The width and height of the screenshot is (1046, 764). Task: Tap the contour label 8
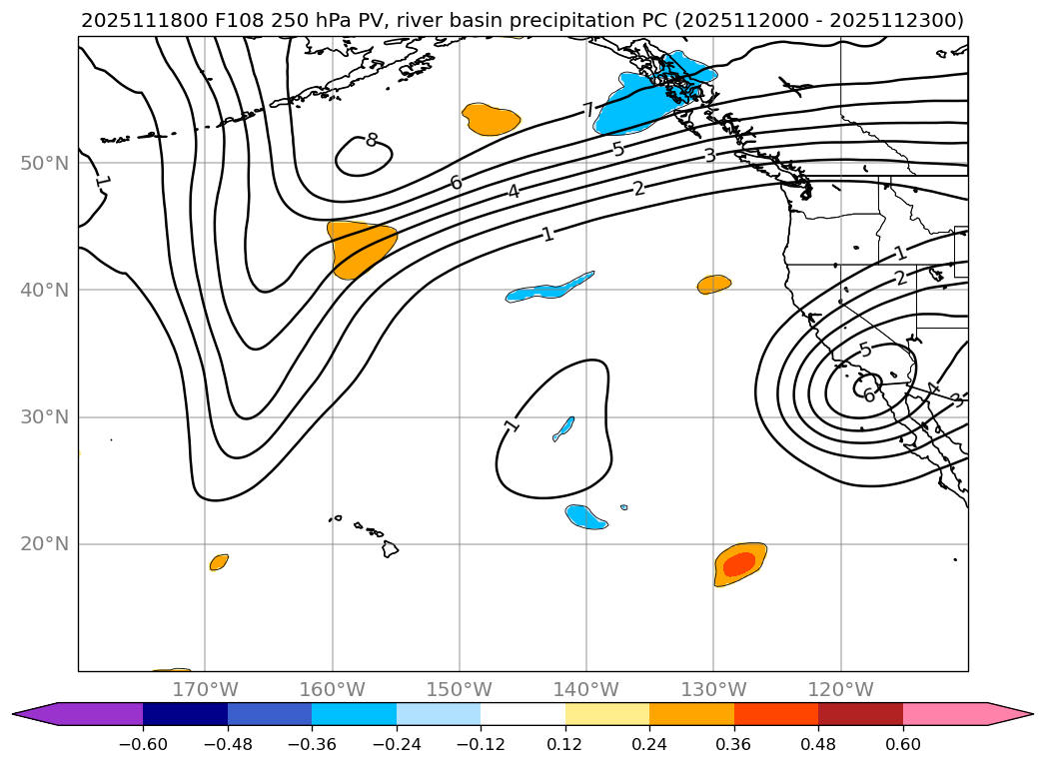coord(372,140)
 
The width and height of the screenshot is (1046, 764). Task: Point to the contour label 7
coord(588,110)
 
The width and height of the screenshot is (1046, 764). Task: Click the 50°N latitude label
coord(44,163)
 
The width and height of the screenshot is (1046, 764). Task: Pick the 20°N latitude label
coord(44,544)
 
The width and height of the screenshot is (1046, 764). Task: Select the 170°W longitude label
coord(205,689)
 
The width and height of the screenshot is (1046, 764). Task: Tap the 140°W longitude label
coord(586,689)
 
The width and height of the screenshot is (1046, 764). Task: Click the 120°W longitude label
coord(840,689)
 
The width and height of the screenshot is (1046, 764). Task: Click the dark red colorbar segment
coord(860,713)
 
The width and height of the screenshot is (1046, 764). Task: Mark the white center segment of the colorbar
coord(523,713)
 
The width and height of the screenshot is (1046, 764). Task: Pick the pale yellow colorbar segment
coord(607,713)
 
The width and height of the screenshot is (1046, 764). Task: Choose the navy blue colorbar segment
coord(185,713)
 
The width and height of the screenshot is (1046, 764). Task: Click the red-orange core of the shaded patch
coord(739,564)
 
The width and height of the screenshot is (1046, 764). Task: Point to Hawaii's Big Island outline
coord(390,548)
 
